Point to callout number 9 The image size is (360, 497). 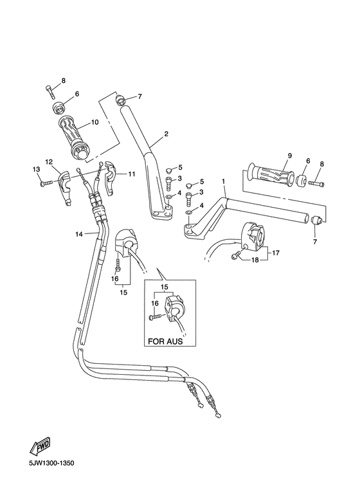coord(289,156)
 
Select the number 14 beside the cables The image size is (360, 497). coord(78,235)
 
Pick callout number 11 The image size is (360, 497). coord(132,174)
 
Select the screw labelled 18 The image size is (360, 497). coord(235,257)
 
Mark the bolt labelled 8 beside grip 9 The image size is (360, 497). coord(316,183)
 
